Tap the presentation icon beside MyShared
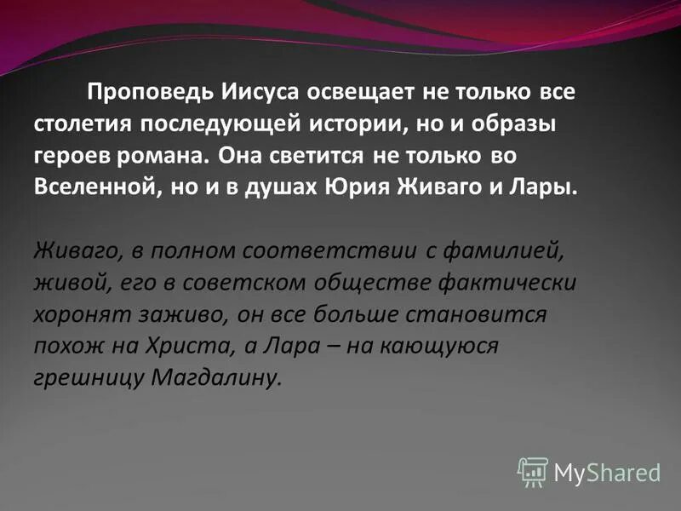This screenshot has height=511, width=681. [533, 470]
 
